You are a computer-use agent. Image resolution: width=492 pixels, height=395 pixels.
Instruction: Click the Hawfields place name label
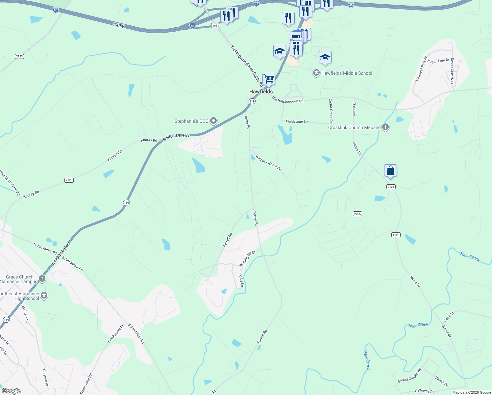(x=261, y=92)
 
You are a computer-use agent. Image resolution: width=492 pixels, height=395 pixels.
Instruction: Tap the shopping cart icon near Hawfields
(x=269, y=79)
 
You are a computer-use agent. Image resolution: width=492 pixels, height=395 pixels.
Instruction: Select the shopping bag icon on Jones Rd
(x=390, y=171)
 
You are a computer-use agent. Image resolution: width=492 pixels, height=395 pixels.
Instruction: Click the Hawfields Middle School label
(x=347, y=73)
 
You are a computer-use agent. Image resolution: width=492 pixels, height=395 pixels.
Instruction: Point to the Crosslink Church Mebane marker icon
(x=385, y=127)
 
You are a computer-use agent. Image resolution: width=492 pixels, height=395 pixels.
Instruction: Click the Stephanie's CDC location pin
(x=213, y=121)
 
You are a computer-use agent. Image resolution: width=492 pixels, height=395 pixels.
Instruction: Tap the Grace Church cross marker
(x=42, y=279)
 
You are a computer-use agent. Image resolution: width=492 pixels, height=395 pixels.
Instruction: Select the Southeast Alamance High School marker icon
(x=44, y=296)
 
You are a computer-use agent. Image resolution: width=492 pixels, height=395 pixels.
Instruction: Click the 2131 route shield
(x=391, y=187)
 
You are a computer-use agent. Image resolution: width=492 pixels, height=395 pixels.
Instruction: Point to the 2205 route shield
(x=357, y=214)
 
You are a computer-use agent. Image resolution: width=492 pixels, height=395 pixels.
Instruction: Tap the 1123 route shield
(x=396, y=235)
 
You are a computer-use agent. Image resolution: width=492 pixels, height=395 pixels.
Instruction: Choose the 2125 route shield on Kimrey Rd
(x=69, y=180)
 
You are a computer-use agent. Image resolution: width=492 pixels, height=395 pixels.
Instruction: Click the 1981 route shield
(x=215, y=26)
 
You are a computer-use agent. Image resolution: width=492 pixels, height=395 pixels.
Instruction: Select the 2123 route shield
(x=19, y=56)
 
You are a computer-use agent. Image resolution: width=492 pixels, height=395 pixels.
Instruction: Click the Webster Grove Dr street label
(x=268, y=163)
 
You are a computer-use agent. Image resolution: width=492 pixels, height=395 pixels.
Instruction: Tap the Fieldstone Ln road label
(x=297, y=121)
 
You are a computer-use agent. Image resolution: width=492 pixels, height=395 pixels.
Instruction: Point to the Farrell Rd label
(x=228, y=240)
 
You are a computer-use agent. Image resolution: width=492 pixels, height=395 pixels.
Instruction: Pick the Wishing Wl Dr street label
(x=247, y=259)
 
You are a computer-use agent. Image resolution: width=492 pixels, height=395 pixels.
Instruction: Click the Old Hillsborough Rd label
(x=288, y=100)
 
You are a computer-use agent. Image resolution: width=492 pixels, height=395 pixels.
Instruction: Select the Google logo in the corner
(x=11, y=391)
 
